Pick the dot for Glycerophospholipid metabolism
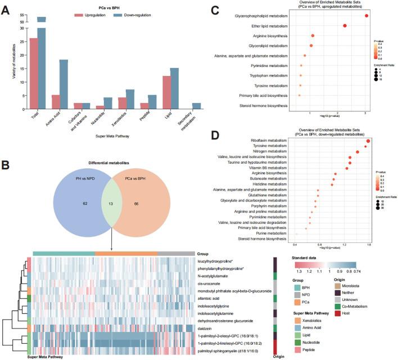coord(367,15)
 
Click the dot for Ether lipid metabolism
coord(345,25)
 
